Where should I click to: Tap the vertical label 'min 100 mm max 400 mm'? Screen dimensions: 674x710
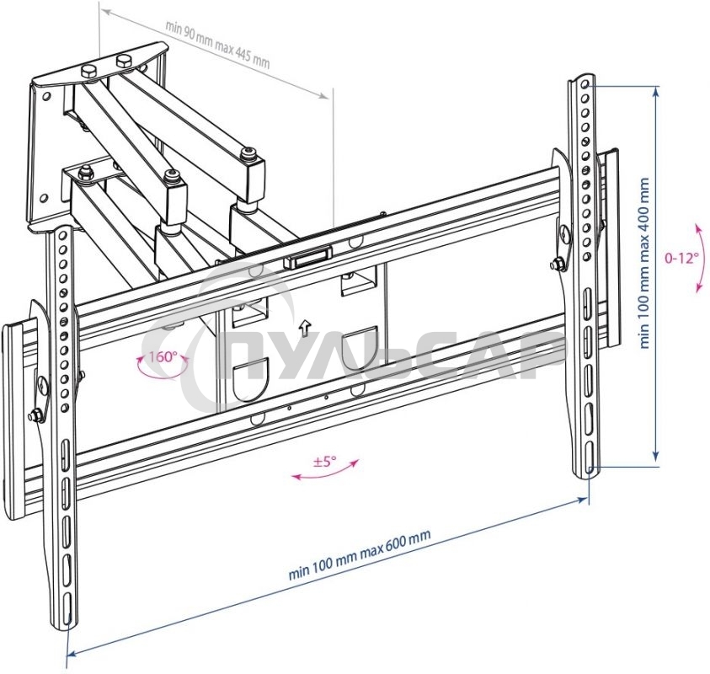tap(645, 263)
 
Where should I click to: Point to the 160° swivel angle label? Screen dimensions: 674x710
tap(163, 356)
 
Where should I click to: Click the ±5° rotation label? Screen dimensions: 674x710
tap(324, 461)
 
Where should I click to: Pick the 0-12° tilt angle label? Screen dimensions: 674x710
tap(681, 258)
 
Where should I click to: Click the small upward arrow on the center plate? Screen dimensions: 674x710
tap(306, 326)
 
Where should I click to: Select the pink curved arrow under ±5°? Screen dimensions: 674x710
tap(325, 473)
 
